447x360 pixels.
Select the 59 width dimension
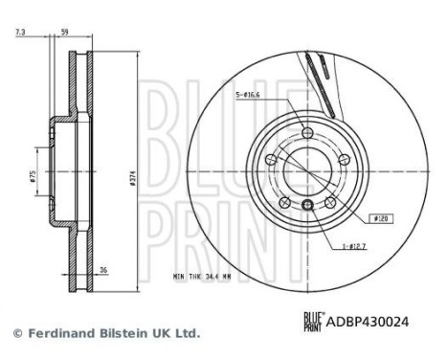coord(65,34)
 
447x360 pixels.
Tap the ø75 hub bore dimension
coord(32,176)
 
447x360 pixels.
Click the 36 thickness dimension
coord(103,271)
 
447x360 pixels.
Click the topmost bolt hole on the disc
coord(306,133)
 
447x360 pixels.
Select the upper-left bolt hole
coord(271,159)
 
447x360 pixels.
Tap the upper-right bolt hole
coord(342,159)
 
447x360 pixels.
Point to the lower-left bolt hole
coord(284,201)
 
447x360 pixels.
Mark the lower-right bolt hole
coord(328,201)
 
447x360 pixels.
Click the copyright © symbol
coord(16,333)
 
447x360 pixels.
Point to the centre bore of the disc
coord(306,170)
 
